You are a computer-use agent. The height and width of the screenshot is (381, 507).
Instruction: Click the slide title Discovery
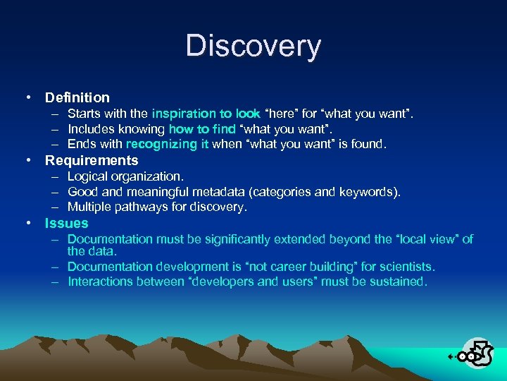click(x=254, y=47)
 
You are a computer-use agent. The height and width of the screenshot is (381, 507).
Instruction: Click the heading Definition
click(x=77, y=97)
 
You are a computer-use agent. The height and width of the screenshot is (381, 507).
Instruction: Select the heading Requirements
click(x=92, y=160)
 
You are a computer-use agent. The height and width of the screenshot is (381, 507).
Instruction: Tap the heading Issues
click(x=67, y=223)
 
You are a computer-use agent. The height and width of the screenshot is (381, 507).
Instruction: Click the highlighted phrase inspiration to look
click(x=206, y=114)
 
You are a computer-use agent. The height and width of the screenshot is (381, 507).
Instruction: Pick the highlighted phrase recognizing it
click(x=168, y=144)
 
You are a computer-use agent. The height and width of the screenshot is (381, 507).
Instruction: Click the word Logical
click(x=87, y=176)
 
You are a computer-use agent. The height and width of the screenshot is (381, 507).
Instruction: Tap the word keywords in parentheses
click(x=368, y=192)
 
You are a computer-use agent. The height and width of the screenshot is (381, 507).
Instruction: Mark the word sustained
click(x=399, y=282)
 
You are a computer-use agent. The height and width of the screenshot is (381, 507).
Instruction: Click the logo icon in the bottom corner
click(x=473, y=353)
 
